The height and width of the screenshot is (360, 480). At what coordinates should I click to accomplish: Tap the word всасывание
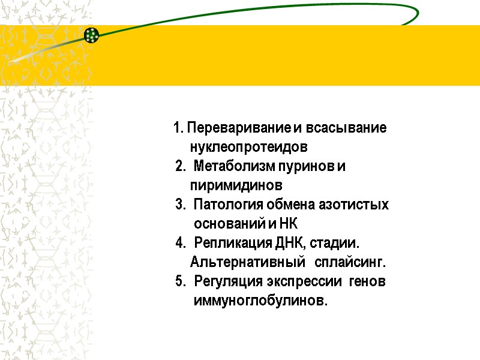tap(346, 128)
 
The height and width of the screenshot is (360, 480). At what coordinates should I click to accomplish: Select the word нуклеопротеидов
tap(249, 148)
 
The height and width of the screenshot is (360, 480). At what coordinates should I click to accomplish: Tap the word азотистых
tap(358, 205)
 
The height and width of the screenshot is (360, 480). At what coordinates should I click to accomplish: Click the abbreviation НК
tap(287, 224)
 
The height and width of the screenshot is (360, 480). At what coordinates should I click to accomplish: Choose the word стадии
tap(335, 243)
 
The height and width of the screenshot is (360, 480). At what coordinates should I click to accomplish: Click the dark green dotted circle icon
tap(91, 35)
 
